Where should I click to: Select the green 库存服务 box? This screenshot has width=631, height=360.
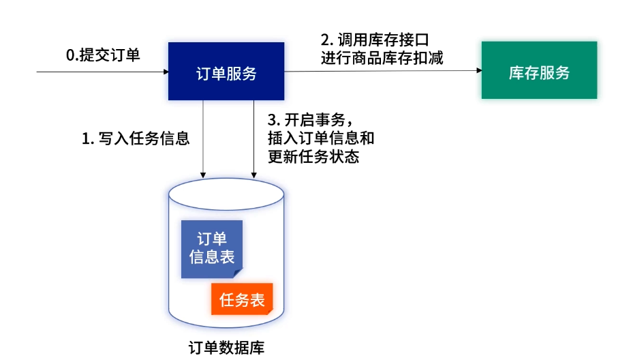pyautogui.click(x=539, y=70)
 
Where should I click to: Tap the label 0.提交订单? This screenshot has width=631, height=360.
pyautogui.click(x=103, y=55)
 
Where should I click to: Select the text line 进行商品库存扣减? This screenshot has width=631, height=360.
pyautogui.click(x=382, y=58)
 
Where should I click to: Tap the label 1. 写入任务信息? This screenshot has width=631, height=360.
pyautogui.click(x=136, y=138)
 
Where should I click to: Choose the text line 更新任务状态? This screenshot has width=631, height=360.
pyautogui.click(x=314, y=156)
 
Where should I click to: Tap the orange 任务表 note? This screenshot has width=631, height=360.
pyautogui.click(x=241, y=299)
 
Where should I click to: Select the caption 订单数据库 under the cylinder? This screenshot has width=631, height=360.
pyautogui.click(x=226, y=348)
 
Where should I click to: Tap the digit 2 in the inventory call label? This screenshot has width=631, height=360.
pyautogui.click(x=325, y=40)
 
